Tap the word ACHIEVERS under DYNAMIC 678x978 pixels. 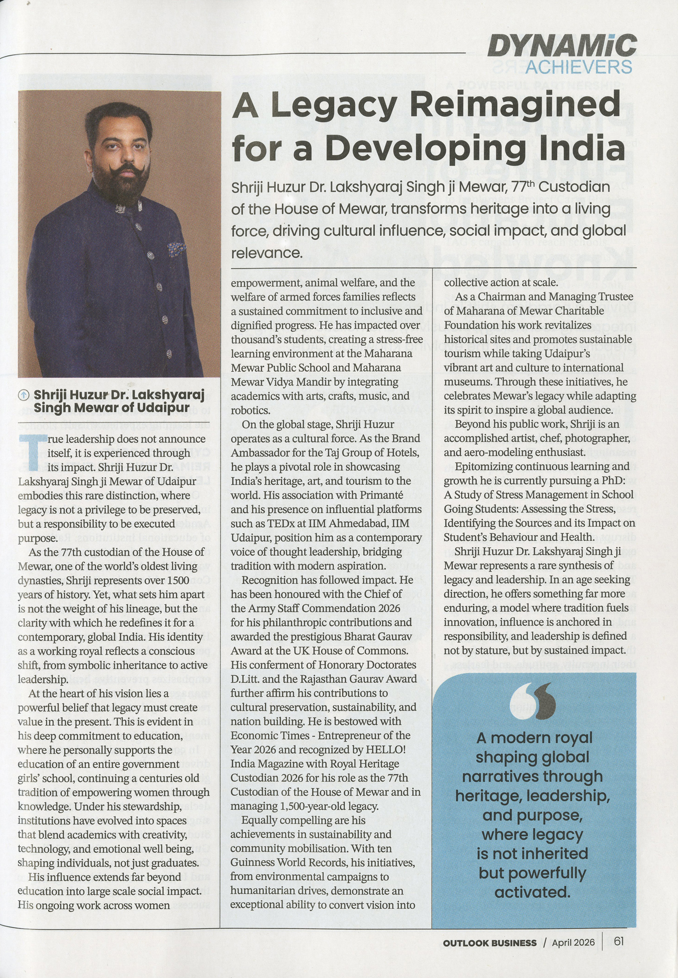578,67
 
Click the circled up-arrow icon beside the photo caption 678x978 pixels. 24,396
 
